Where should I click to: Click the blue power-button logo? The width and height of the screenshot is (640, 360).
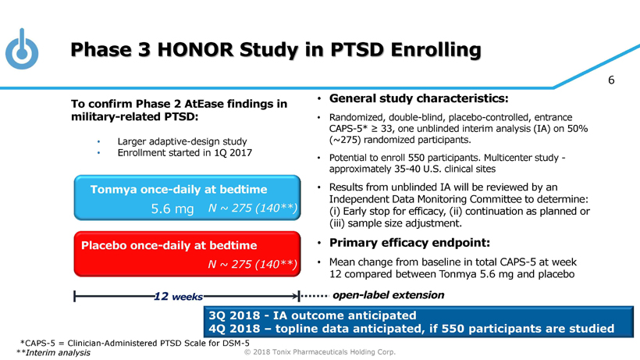(x=22, y=49)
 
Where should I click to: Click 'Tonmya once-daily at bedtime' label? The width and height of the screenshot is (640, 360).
(x=179, y=189)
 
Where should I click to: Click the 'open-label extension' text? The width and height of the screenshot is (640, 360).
(x=388, y=295)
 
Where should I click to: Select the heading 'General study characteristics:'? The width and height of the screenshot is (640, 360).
(x=420, y=99)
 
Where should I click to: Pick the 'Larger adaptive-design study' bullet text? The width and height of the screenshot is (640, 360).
(x=181, y=141)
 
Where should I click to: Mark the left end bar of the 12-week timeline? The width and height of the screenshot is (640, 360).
(x=74, y=297)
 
